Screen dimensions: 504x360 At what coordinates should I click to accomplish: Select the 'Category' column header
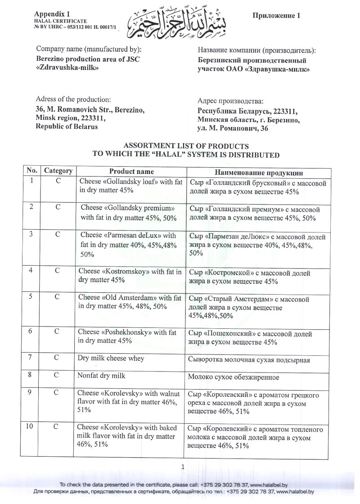tap(58, 171)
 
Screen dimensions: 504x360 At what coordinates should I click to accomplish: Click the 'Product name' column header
tap(131, 172)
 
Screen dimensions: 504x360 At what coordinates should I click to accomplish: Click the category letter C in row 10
tap(58, 427)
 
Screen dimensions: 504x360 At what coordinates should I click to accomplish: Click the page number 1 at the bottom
tap(183, 467)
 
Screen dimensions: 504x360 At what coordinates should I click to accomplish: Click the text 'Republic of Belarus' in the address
tap(67, 127)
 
